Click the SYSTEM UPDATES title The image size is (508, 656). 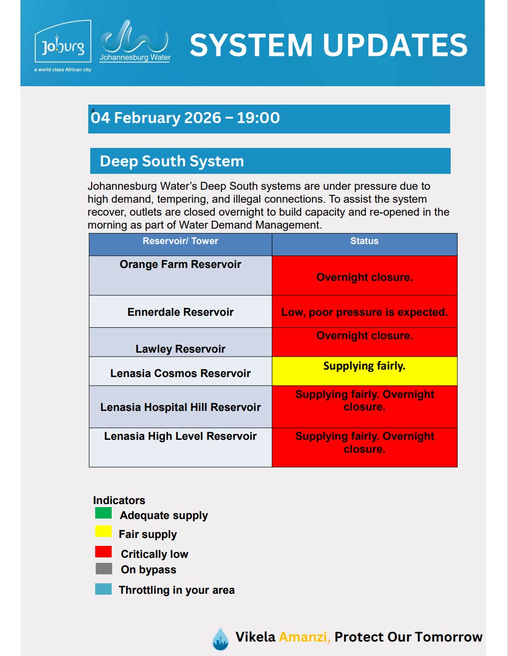point(329,45)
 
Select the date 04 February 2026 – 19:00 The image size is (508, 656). point(185,118)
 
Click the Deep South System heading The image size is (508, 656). point(172,161)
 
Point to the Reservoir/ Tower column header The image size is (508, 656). point(180,241)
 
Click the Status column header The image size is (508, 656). point(364,241)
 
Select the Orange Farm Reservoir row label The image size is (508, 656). point(180,264)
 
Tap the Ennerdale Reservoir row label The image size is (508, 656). point(180,312)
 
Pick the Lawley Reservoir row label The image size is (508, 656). point(180,349)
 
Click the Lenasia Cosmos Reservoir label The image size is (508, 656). point(180,374)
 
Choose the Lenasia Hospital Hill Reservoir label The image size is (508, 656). point(180,407)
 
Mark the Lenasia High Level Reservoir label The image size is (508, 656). point(180,436)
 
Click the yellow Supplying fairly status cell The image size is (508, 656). point(364,371)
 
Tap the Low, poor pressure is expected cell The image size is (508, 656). point(364,312)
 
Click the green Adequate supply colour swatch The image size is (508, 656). point(103,513)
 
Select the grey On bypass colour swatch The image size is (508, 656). point(103,569)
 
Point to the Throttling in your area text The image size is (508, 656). point(176,590)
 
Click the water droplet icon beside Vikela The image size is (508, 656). point(220,639)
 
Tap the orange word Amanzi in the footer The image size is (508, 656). point(304,637)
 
